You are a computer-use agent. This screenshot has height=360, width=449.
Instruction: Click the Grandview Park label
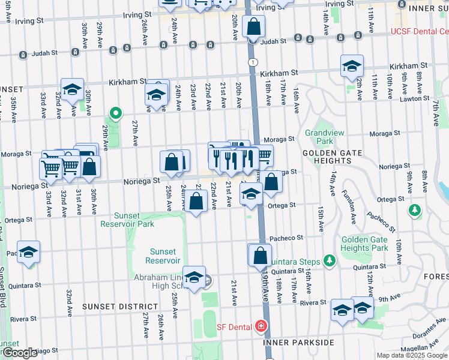[319, 137]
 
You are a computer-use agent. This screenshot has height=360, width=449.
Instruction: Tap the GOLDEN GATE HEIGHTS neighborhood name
[331, 153]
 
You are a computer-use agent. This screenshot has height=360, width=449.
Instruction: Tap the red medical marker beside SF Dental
[261, 326]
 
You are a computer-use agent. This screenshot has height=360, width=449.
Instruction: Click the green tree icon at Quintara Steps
[328, 260]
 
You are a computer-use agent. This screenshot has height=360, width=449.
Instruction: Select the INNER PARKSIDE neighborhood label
[298, 343]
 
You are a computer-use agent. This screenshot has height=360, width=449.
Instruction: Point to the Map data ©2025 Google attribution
[411, 355]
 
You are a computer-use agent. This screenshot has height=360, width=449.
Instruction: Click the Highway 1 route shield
[253, 62]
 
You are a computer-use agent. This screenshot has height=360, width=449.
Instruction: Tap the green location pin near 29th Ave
[114, 112]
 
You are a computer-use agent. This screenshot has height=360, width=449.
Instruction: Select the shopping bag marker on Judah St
[254, 26]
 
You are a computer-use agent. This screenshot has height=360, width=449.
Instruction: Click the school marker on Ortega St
[251, 194]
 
